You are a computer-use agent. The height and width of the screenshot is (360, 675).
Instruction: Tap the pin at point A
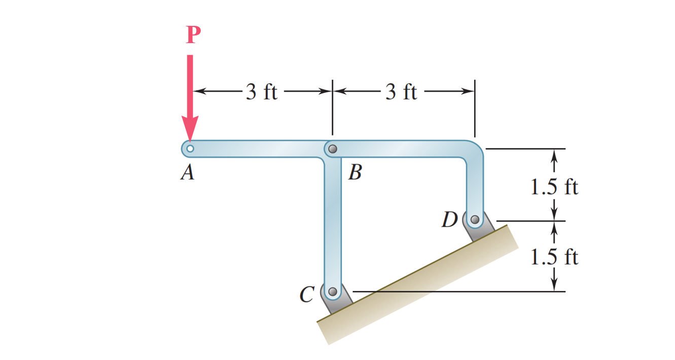(x=190, y=149)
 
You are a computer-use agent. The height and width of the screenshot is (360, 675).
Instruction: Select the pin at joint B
(x=332, y=149)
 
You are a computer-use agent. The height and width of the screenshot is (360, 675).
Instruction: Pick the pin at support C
(x=332, y=292)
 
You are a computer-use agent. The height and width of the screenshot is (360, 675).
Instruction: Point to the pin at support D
(x=475, y=220)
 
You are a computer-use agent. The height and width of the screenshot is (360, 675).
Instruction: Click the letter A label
(x=188, y=174)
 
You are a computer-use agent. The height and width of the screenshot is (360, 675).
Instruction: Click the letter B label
(x=355, y=174)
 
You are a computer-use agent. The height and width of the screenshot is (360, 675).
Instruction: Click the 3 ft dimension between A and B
(x=261, y=92)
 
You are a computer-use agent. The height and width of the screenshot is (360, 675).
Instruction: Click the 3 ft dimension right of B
(x=401, y=92)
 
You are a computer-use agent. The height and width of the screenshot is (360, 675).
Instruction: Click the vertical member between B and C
(x=332, y=223)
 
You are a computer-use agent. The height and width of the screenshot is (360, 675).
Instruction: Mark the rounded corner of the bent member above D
(x=476, y=149)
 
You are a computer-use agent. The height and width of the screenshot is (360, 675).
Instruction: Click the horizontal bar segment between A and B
(x=259, y=149)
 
